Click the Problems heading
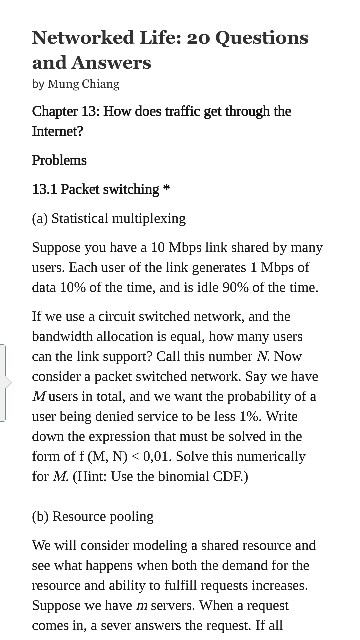(60, 160)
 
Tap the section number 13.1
(47, 189)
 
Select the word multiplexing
(148, 218)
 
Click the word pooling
(130, 516)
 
